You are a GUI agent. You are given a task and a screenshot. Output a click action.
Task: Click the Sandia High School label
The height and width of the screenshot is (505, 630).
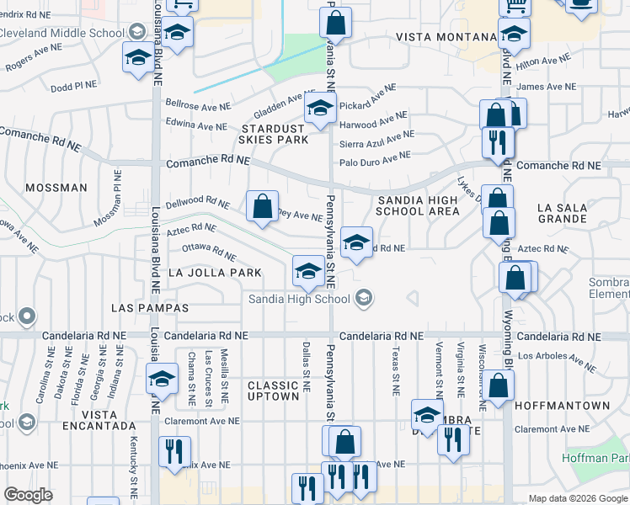coord(299,299)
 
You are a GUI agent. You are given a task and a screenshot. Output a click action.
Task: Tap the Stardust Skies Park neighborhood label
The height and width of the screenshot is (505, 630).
coord(275,134)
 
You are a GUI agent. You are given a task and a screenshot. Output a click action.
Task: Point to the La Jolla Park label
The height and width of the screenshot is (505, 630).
coord(215,273)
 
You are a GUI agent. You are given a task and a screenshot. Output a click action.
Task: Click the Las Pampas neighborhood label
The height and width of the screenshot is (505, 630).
coord(149,309)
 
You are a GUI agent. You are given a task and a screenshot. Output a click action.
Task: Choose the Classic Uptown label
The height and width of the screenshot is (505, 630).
coord(274,391)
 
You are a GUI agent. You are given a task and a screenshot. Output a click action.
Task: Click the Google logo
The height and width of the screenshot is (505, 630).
coord(29,494)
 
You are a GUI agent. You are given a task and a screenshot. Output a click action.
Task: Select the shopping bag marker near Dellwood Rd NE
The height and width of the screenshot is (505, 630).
coord(263,205)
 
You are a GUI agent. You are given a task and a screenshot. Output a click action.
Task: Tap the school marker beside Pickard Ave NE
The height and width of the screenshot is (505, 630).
coord(320,108)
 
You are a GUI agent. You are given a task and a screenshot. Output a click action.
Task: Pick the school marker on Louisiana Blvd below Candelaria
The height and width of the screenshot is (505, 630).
coord(162,380)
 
